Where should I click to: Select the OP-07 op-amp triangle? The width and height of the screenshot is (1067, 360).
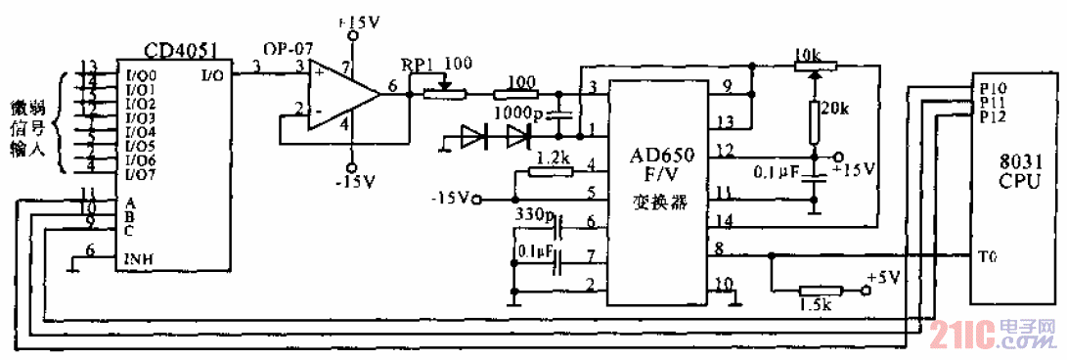(341, 94)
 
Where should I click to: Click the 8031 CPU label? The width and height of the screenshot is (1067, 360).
(1012, 173)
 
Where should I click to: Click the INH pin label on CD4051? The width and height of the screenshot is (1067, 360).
(138, 260)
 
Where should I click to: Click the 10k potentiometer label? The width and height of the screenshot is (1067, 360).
(809, 53)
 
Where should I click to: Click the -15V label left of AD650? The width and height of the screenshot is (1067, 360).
(450, 200)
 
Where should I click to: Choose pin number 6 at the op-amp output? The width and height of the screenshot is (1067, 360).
(393, 86)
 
